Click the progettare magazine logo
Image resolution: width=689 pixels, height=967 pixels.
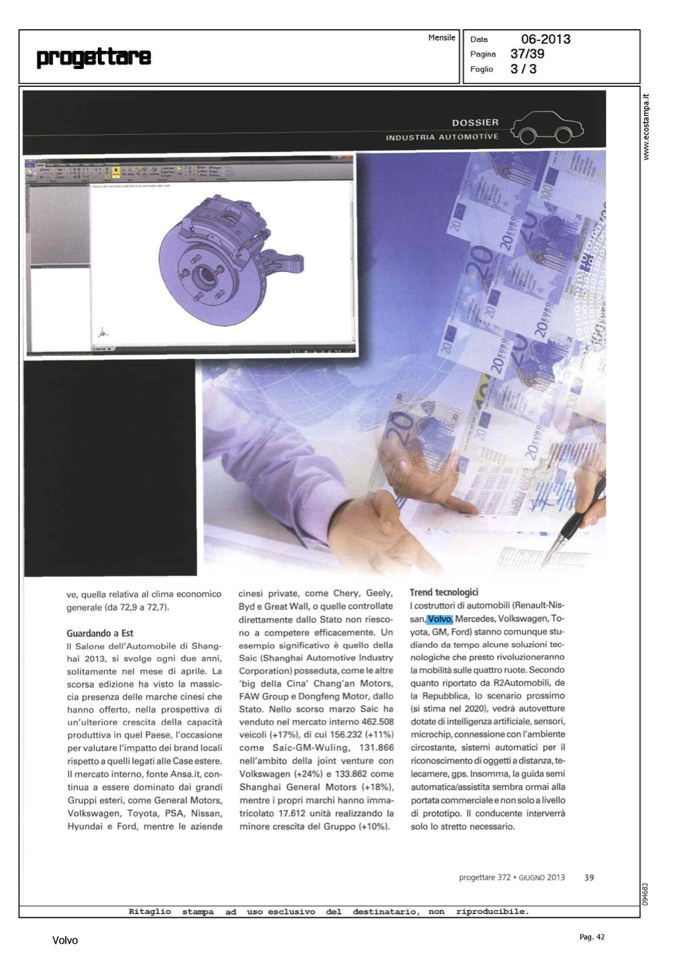(94, 57)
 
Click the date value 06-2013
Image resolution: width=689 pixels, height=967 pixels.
(545, 39)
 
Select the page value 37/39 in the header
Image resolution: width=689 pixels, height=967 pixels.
(527, 54)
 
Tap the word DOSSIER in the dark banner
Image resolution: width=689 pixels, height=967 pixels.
(475, 122)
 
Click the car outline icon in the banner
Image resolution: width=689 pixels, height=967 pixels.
(547, 127)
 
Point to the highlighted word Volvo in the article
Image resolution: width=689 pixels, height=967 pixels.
(440, 619)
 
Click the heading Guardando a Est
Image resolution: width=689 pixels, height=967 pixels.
(100, 633)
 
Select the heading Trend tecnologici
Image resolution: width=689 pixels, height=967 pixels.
(444, 592)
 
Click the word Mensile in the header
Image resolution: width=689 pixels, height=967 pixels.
(442, 37)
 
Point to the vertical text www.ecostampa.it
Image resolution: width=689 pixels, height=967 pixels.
(646, 127)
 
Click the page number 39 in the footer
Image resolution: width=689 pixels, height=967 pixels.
(589, 877)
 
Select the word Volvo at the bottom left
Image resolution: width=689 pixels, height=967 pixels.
(65, 941)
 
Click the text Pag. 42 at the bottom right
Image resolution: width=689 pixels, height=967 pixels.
(592, 937)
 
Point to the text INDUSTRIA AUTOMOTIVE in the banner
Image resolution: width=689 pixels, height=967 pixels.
(442, 137)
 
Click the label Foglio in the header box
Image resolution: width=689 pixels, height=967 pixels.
(481, 69)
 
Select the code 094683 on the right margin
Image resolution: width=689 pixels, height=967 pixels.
(646, 894)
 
